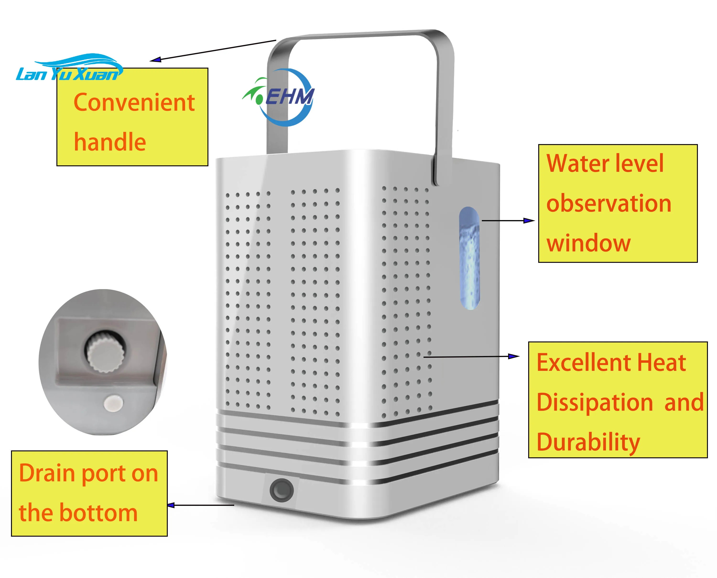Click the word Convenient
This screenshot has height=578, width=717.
point(134,102)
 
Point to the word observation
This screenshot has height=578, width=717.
point(608,203)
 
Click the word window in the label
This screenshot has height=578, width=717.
point(588,243)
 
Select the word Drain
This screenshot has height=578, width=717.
point(47,473)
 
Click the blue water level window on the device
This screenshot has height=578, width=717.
point(470,258)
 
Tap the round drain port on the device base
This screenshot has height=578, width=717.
point(282,490)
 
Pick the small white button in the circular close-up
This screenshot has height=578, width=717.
point(113,404)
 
